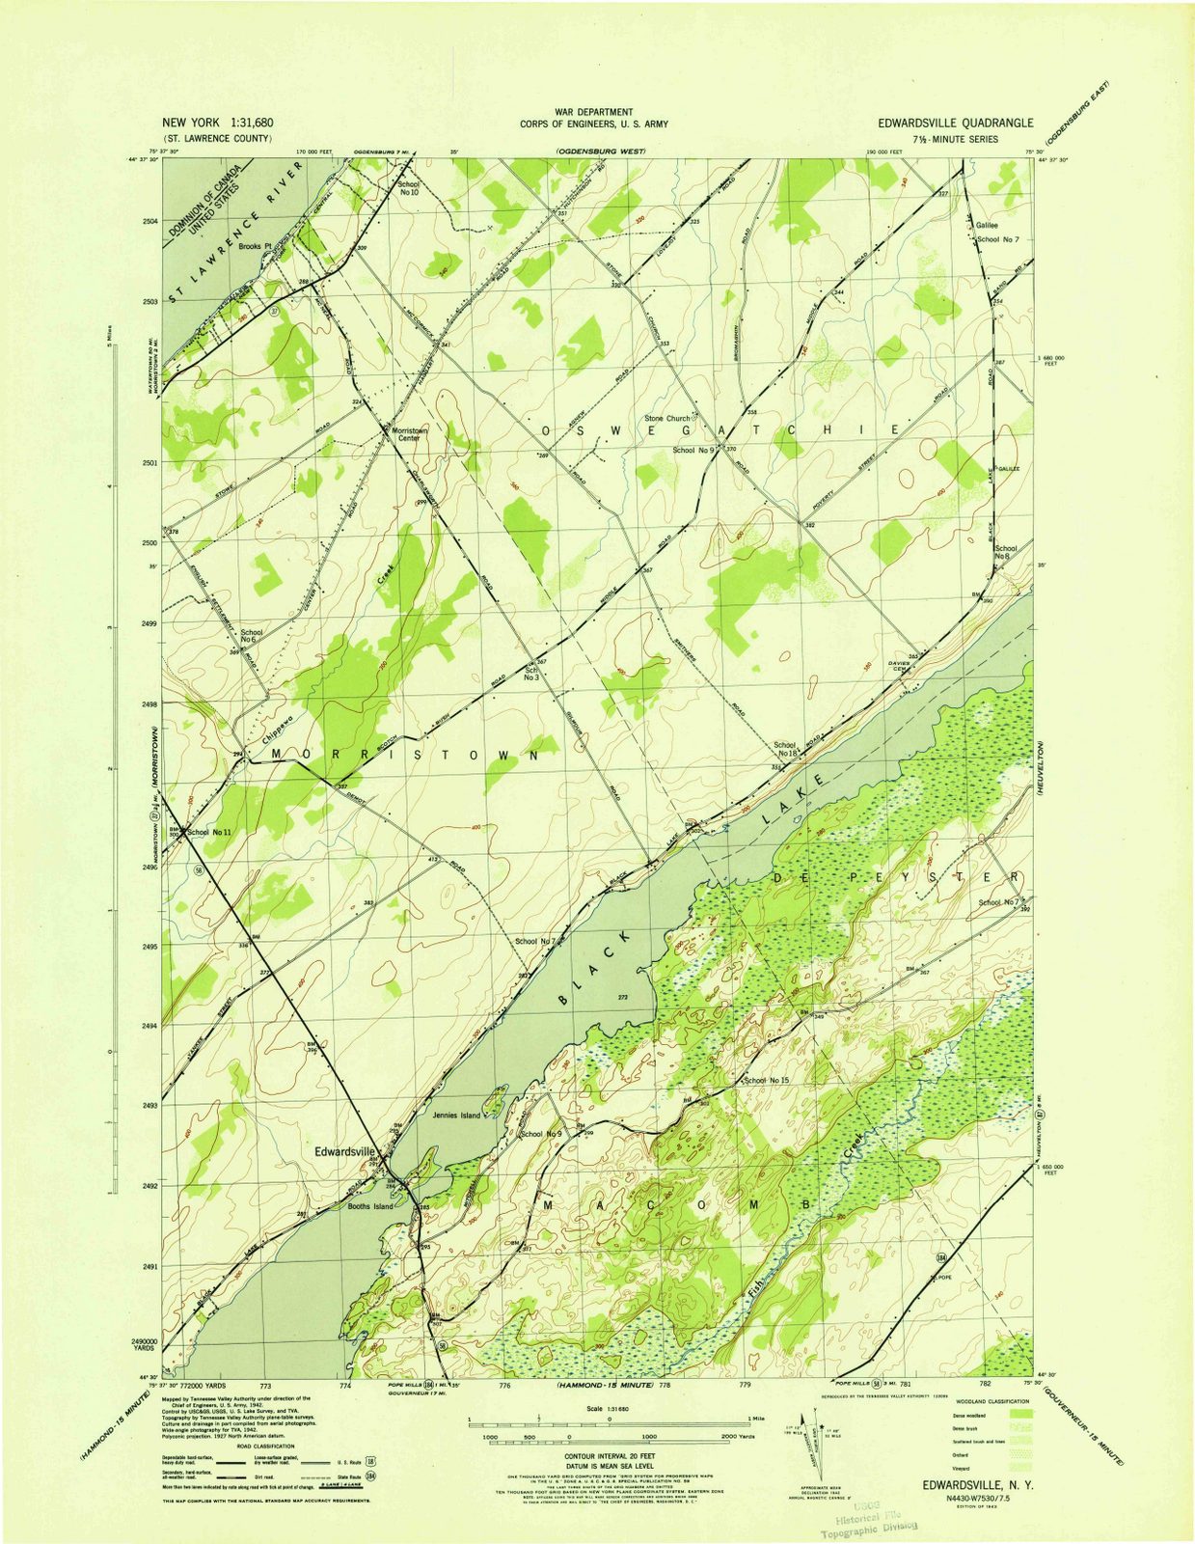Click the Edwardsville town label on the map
(x=344, y=1151)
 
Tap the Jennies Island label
(x=456, y=1116)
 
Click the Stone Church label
(x=667, y=419)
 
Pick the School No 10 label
(x=409, y=188)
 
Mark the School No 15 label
(x=767, y=1080)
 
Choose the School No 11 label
(x=209, y=832)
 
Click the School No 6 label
(x=252, y=636)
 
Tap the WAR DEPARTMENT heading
(x=593, y=113)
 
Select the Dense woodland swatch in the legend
(x=1020, y=1412)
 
